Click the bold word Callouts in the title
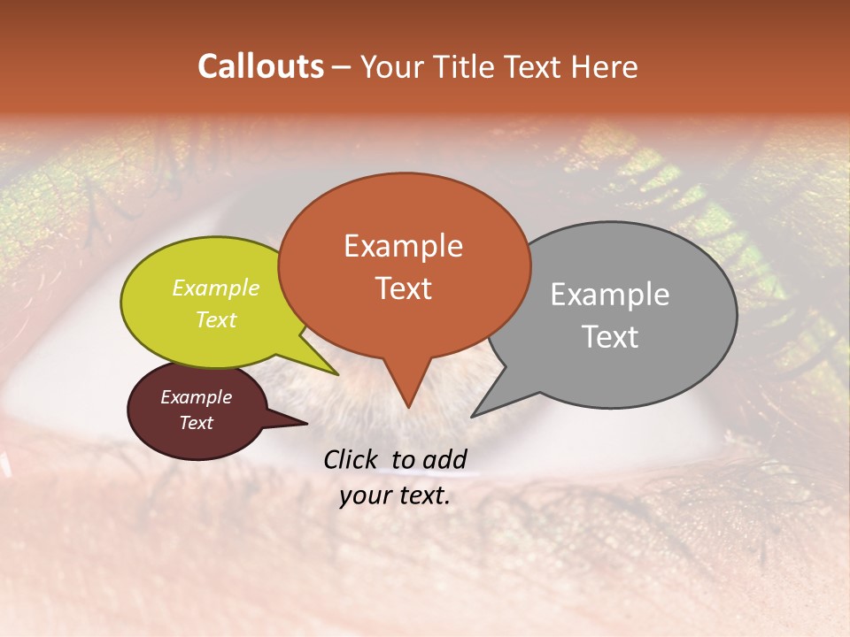pyautogui.click(x=260, y=66)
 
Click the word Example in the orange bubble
pyautogui.click(x=403, y=246)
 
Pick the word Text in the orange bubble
pyautogui.click(x=403, y=288)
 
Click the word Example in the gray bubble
pyautogui.click(x=609, y=295)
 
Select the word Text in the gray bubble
pyautogui.click(x=610, y=337)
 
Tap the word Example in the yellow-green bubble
pyautogui.click(x=215, y=288)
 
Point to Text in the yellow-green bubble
pyautogui.click(x=215, y=320)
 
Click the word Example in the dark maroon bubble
pyautogui.click(x=196, y=397)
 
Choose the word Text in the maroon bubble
pyautogui.click(x=196, y=423)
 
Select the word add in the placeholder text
pyautogui.click(x=445, y=459)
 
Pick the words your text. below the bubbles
pyautogui.click(x=395, y=495)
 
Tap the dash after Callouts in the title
pyautogui.click(x=342, y=66)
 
